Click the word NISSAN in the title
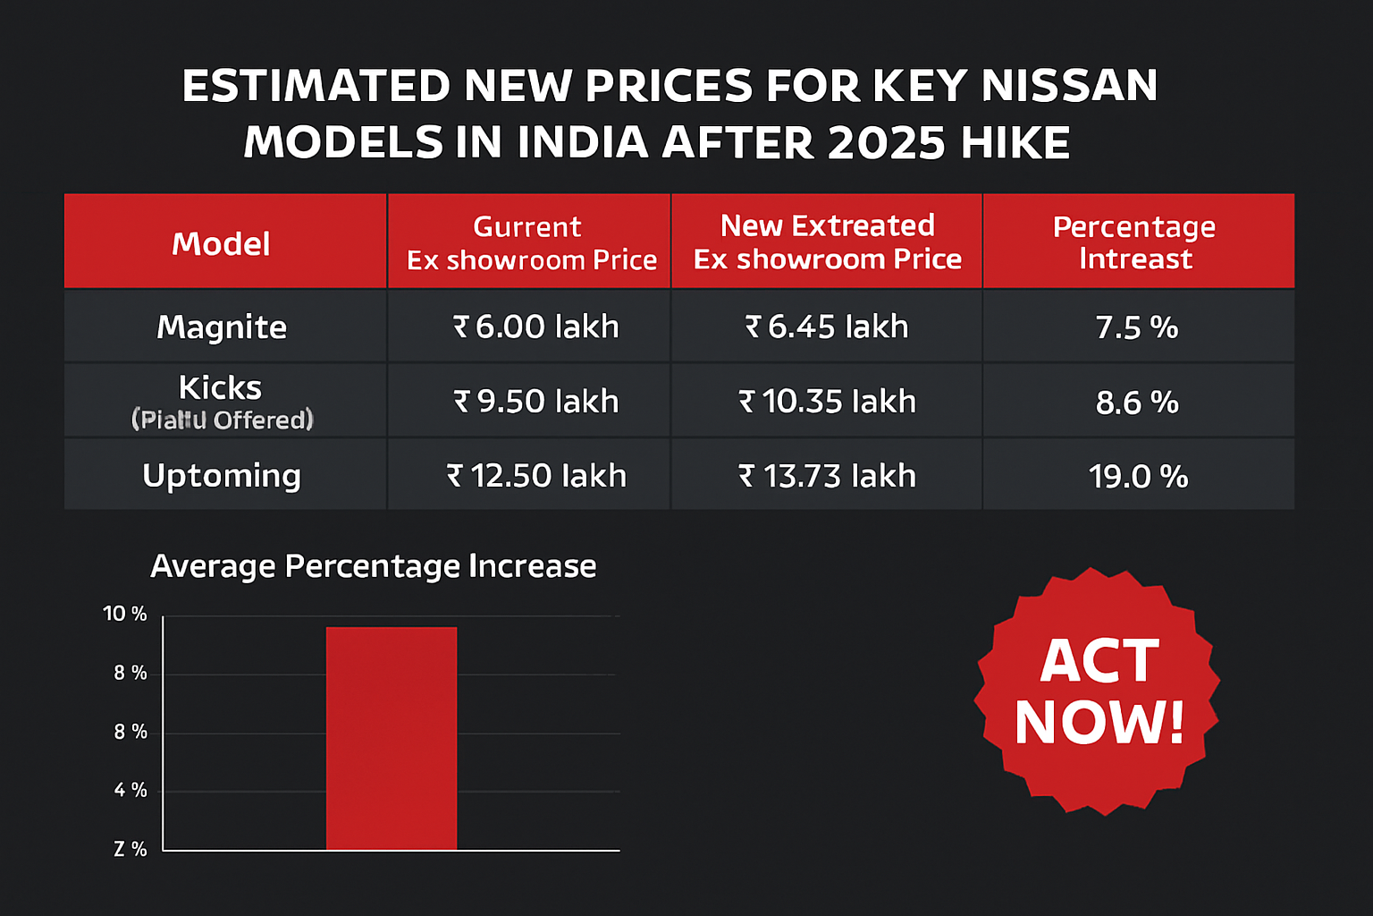[x=1069, y=86]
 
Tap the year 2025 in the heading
[x=886, y=143]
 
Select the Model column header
[x=221, y=243]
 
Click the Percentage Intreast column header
[x=1134, y=242]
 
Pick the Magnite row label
[x=222, y=327]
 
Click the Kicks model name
[x=220, y=388]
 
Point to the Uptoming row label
[x=222, y=476]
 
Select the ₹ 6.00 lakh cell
[x=535, y=327]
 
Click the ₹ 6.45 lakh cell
[x=827, y=327]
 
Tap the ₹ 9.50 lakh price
[x=535, y=402]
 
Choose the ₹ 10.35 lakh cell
[x=827, y=402]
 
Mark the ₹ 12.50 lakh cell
[x=536, y=476]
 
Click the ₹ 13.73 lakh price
[x=827, y=476]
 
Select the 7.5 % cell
[x=1136, y=328]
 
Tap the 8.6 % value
[x=1136, y=403]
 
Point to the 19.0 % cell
[x=1137, y=477]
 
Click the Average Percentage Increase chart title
[x=373, y=566]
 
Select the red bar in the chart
[x=392, y=739]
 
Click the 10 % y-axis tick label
[x=125, y=614]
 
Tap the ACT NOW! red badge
[x=1099, y=691]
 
